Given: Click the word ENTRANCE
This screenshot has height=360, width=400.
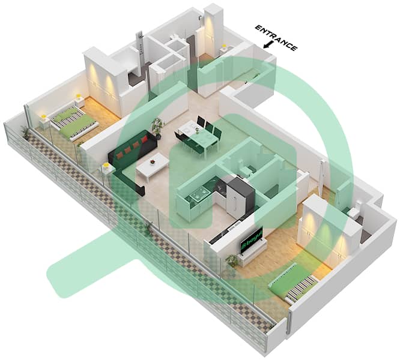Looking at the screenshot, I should [276, 37].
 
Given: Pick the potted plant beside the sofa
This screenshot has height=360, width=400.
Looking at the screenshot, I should [158, 127].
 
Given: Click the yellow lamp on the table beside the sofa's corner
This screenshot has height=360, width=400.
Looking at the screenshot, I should [106, 169].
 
